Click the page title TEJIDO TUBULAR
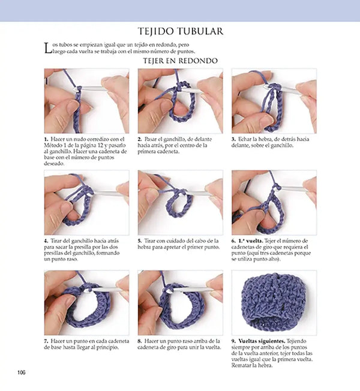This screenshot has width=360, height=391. (181, 31)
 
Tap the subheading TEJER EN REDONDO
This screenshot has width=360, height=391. (180, 61)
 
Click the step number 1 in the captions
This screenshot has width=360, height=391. (46, 139)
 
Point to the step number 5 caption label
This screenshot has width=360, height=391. (140, 241)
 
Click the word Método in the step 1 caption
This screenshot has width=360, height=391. (54, 146)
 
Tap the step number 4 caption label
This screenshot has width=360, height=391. (46, 241)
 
